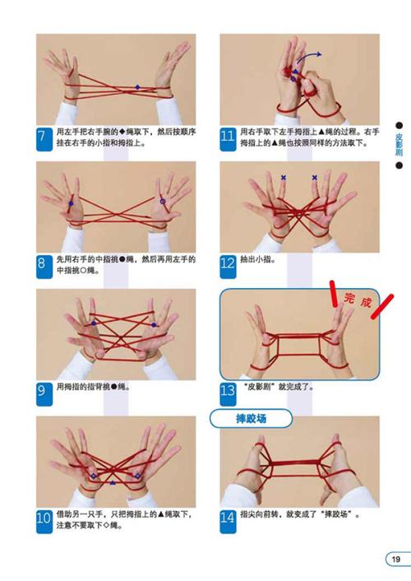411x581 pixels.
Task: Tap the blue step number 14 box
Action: tap(229, 518)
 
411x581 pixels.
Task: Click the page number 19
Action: tap(395, 560)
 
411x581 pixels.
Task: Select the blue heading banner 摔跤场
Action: tap(253, 419)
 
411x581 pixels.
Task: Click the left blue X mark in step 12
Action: tap(284, 177)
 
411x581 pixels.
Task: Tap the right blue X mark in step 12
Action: tap(315, 177)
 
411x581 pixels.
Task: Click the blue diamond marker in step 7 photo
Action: tap(137, 87)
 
